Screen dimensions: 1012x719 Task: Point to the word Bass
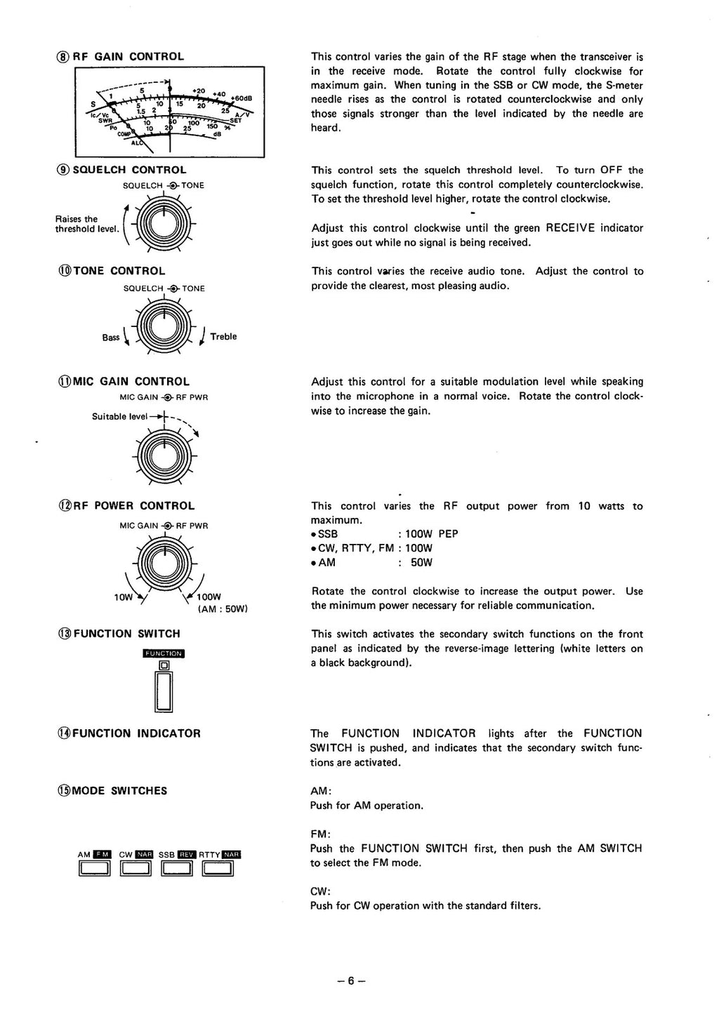tap(111, 338)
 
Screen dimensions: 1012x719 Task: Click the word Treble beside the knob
tap(223, 337)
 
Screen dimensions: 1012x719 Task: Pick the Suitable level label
tap(119, 416)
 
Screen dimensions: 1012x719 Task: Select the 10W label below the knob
tap(123, 597)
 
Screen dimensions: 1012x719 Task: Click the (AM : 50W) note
tap(223, 609)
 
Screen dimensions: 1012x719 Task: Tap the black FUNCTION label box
tap(164, 653)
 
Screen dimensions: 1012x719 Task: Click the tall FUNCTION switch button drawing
tap(164, 691)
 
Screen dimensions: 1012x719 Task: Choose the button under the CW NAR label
tap(136, 869)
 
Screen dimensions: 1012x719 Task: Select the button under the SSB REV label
tap(176, 869)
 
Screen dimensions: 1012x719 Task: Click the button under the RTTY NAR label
tap(218, 869)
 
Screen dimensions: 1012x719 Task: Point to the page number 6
tap(351, 981)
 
